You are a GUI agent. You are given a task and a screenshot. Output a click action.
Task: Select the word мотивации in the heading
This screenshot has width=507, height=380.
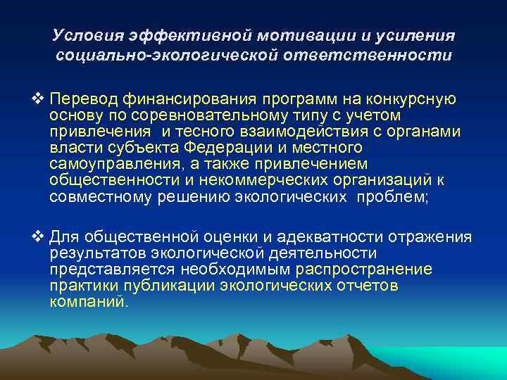[309, 34]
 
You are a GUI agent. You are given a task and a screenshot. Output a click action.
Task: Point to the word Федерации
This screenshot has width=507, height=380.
[232, 148]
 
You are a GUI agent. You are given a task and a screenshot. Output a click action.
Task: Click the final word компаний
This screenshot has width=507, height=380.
[89, 302]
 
